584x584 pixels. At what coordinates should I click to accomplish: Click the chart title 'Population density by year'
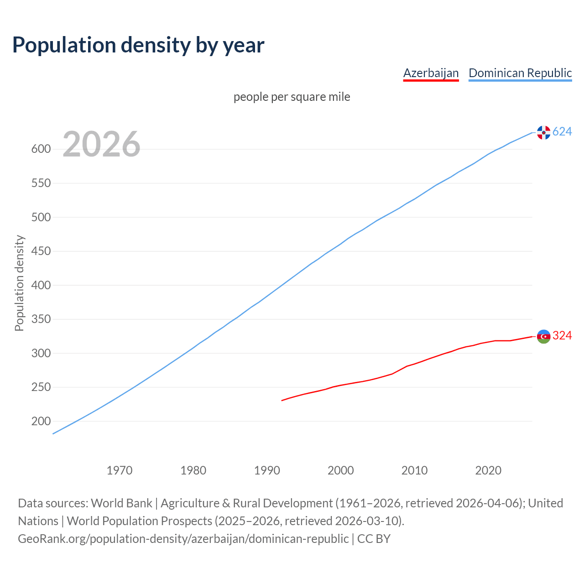pyautogui.click(x=138, y=45)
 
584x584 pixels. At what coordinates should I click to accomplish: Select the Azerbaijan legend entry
pyautogui.click(x=431, y=73)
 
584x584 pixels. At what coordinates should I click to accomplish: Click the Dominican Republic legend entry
pyautogui.click(x=520, y=73)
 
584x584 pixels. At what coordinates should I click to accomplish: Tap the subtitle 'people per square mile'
pyautogui.click(x=292, y=97)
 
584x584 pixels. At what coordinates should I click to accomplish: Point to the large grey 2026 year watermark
pyautogui.click(x=101, y=144)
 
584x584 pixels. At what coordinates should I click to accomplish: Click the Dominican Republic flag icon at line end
pyautogui.click(x=543, y=132)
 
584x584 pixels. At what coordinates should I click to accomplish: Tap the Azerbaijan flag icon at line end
pyautogui.click(x=543, y=336)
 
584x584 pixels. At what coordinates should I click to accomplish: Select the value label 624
pyautogui.click(x=562, y=132)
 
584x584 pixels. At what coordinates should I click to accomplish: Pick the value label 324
pyautogui.click(x=562, y=336)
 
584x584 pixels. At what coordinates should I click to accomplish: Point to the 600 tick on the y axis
pyautogui.click(x=41, y=149)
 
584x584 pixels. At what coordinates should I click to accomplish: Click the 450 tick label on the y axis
pyautogui.click(x=41, y=251)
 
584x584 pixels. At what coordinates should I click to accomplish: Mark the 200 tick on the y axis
pyautogui.click(x=41, y=422)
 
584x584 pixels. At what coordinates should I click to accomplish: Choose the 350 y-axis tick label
pyautogui.click(x=41, y=319)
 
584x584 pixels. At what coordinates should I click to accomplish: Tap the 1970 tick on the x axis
pyautogui.click(x=120, y=470)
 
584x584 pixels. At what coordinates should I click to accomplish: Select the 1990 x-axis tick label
pyautogui.click(x=267, y=470)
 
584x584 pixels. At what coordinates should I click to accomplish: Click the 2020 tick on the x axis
pyautogui.click(x=488, y=470)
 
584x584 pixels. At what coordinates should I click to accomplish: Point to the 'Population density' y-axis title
pyautogui.click(x=19, y=283)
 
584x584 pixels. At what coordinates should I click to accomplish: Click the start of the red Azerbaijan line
pyautogui.click(x=282, y=400)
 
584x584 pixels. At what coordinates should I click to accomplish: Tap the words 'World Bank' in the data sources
pyautogui.click(x=121, y=503)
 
